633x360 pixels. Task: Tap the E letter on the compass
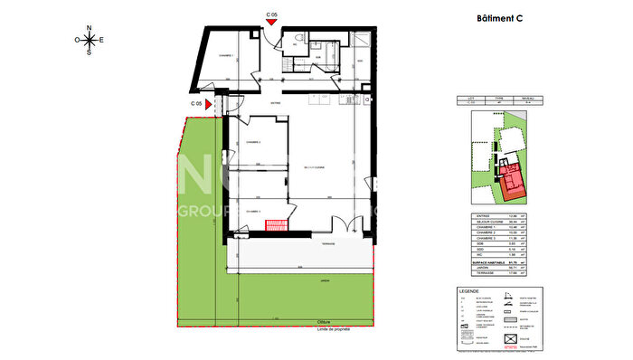[x=101, y=40]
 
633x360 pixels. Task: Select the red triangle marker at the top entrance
[x=271, y=24]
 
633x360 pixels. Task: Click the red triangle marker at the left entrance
[x=209, y=105]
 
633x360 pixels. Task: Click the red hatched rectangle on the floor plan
[x=274, y=226]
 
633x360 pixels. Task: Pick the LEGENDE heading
[x=469, y=291]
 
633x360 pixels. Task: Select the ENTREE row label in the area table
[x=481, y=216]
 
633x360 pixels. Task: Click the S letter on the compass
[x=90, y=52]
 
